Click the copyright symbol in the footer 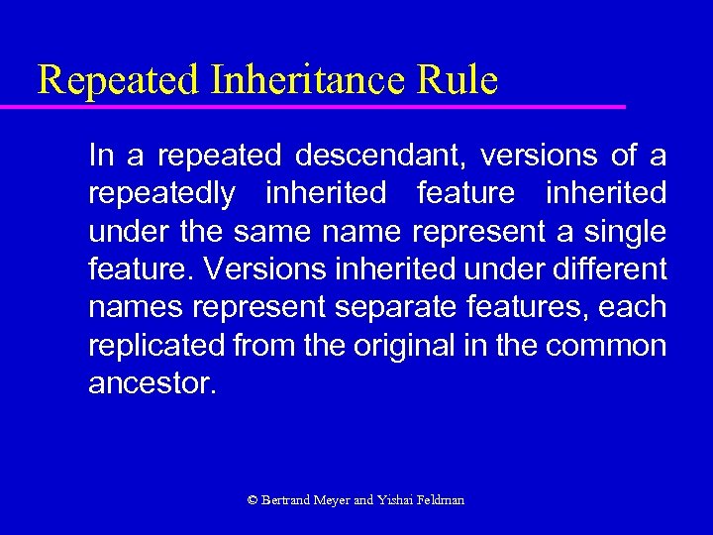coord(253,500)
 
